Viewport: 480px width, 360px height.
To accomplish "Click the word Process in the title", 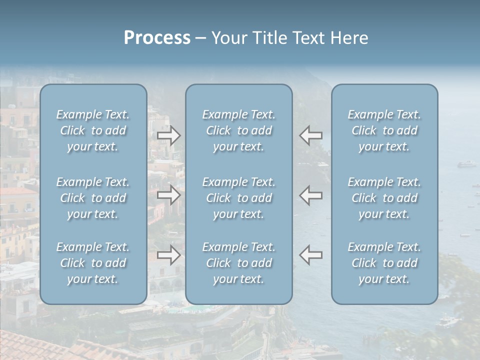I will (x=157, y=38).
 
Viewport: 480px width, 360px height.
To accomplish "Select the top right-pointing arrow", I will (x=168, y=135).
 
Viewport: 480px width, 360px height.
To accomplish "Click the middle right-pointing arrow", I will (x=168, y=195).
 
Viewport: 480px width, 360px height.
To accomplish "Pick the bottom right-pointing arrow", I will (x=168, y=255).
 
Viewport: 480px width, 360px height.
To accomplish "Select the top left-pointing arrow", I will (x=311, y=135).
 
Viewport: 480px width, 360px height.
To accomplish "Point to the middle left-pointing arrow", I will (x=311, y=195).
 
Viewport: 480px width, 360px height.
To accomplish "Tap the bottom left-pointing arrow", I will (x=311, y=255).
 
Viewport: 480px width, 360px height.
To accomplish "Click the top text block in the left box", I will (x=93, y=130).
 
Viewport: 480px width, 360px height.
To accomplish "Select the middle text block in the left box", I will (x=93, y=198).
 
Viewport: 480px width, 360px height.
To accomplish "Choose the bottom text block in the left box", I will (x=93, y=263).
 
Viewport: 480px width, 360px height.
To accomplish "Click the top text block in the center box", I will (x=239, y=130).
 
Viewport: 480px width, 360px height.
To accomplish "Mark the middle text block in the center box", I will (x=239, y=198).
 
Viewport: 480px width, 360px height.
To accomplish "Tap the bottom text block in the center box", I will (x=239, y=263).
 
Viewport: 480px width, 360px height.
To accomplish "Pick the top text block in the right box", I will (x=384, y=130).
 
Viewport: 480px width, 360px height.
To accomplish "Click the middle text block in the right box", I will (x=384, y=198).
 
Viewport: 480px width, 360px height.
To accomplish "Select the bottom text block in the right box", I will (x=384, y=263).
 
